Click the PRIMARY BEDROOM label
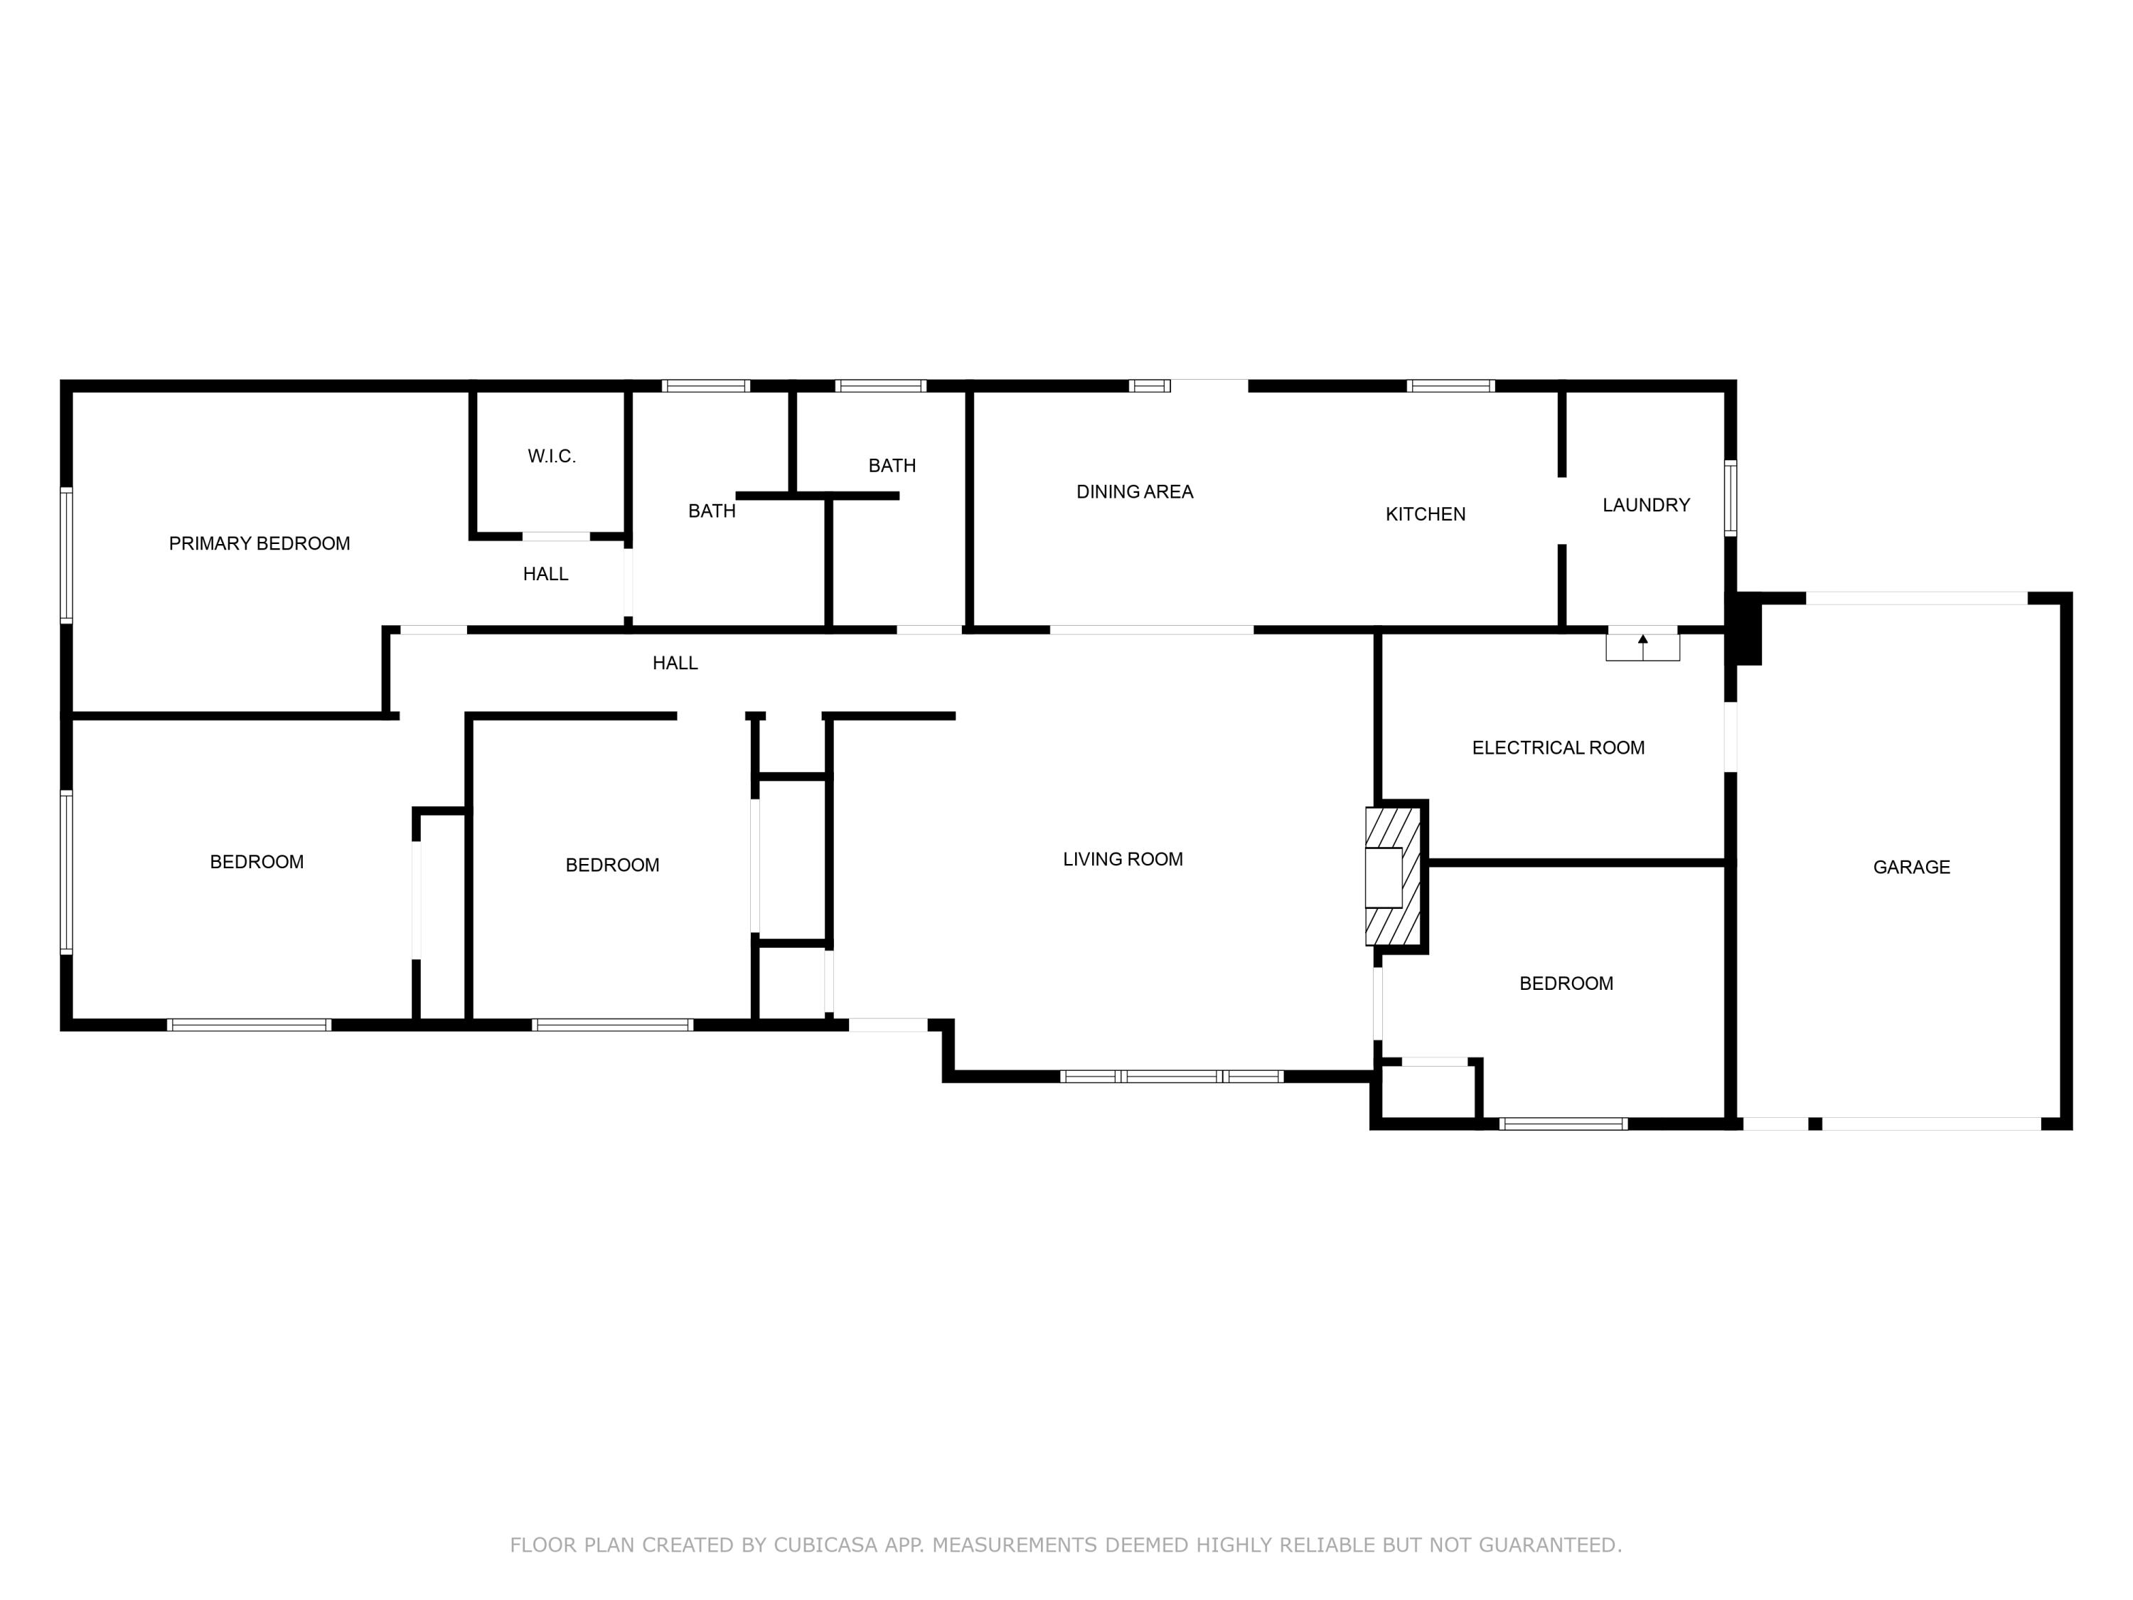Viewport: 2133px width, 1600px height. pos(260,544)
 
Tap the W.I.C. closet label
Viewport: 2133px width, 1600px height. pos(552,457)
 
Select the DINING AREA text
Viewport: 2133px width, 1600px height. pos(1134,492)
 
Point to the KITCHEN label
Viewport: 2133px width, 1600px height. pos(1426,515)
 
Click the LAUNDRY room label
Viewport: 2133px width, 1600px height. pos(1645,506)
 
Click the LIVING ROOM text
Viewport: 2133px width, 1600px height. pos(1123,859)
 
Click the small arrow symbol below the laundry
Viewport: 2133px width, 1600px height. pos(1642,641)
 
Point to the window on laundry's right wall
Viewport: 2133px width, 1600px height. pos(1730,498)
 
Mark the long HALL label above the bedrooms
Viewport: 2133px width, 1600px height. pos(674,663)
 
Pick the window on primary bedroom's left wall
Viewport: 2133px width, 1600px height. pos(67,555)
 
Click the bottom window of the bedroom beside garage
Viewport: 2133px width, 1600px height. pos(1563,1124)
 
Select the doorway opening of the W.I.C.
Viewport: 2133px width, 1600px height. pos(555,536)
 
